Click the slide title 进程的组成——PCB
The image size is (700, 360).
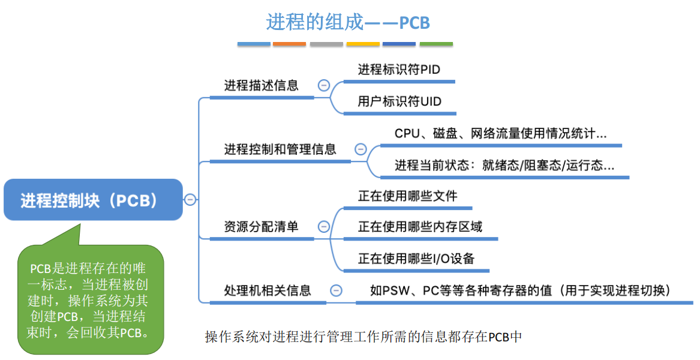click(x=348, y=23)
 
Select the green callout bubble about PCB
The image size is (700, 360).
click(x=90, y=299)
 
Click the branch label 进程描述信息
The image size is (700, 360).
click(x=261, y=85)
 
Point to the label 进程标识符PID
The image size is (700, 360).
click(x=399, y=70)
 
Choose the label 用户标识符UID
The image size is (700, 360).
click(x=399, y=101)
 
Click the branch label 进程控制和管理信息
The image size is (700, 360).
click(x=280, y=149)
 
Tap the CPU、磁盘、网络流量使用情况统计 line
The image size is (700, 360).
click(x=500, y=133)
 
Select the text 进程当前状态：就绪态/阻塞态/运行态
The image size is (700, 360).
click(x=504, y=165)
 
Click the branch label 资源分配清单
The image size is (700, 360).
click(x=261, y=227)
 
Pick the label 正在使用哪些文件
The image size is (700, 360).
click(x=408, y=196)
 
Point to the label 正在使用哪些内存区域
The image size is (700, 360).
click(x=420, y=227)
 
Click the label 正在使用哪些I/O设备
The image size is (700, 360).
click(x=416, y=259)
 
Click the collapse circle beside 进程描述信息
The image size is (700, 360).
click(x=323, y=85)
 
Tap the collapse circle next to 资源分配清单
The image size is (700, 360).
click(x=323, y=227)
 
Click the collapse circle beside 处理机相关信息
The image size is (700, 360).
click(x=336, y=290)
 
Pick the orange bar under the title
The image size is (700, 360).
click(x=289, y=44)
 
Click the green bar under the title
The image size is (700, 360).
click(x=436, y=44)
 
